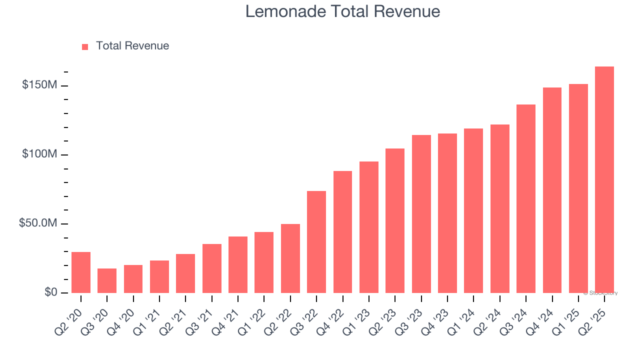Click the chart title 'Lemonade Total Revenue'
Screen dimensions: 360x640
click(342, 11)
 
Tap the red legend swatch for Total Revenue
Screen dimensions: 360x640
click(85, 46)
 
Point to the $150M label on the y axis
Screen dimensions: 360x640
click(39, 85)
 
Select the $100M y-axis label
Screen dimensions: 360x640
click(39, 154)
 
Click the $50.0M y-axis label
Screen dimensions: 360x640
click(37, 223)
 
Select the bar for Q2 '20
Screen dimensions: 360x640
click(81, 272)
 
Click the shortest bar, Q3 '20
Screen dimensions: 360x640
click(107, 280)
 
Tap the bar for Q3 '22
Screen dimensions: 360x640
click(316, 242)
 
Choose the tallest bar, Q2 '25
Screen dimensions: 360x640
click(604, 180)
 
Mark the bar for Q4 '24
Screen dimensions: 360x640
click(552, 190)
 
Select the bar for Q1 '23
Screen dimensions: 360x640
click(369, 227)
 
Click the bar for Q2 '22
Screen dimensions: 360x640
click(290, 258)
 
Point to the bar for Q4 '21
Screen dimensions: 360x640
click(238, 264)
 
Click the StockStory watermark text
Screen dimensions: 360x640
click(600, 293)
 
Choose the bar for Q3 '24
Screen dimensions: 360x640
click(526, 198)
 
